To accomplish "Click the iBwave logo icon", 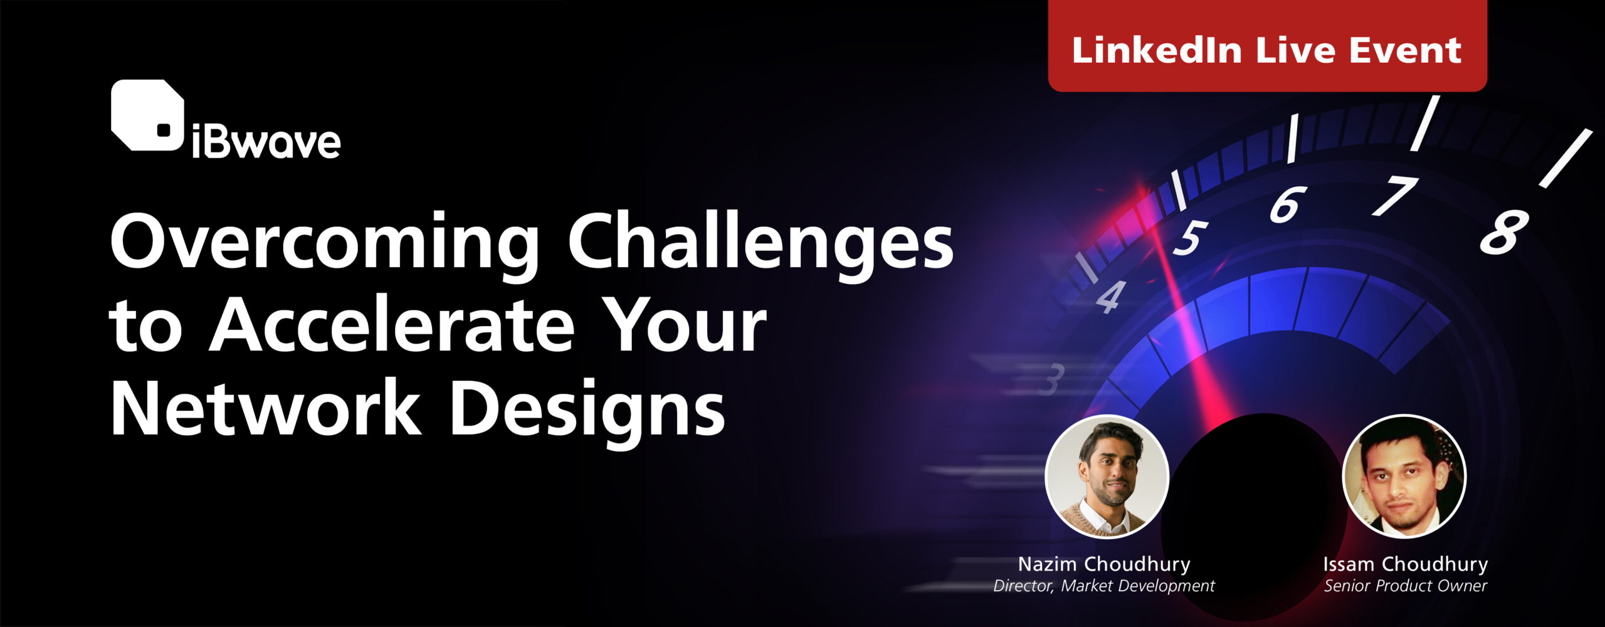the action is pos(148,115).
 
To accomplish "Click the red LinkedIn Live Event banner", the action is pos(1267,46).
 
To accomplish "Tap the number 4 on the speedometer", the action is pos(1111,297).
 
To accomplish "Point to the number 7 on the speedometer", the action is pos(1395,196).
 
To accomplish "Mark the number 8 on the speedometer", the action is pos(1504,231).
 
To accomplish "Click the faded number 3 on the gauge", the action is pos(1051,379).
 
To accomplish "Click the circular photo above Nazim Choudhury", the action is pos(1107,477).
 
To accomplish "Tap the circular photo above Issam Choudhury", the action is pos(1404,477).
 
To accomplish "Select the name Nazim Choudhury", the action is pos(1104,564).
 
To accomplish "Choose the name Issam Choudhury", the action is pos(1406,564).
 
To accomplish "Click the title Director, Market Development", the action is pos(1104,586).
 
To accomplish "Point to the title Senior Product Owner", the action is pos(1406,586).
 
